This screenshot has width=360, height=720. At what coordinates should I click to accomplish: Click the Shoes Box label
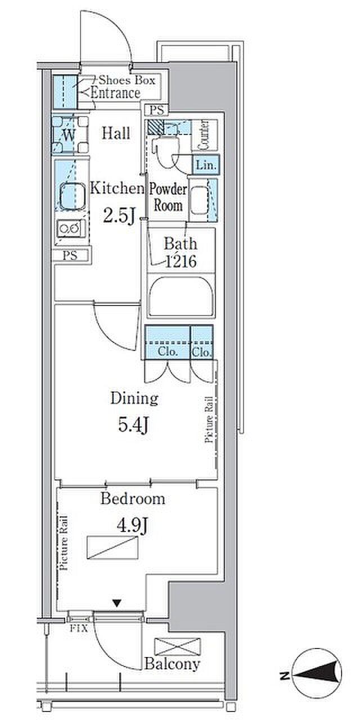[127, 80]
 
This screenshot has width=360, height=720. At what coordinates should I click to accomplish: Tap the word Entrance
[116, 93]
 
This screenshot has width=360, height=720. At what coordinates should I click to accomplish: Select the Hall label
[116, 133]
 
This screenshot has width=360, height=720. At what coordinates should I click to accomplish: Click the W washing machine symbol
[70, 134]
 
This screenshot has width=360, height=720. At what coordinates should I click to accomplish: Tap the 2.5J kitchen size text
[119, 215]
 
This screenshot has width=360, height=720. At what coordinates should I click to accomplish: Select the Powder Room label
[168, 197]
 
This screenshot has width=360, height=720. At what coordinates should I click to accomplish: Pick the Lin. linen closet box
[206, 165]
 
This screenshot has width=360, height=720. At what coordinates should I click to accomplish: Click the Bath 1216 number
[181, 262]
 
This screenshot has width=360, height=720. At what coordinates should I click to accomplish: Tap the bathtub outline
[181, 296]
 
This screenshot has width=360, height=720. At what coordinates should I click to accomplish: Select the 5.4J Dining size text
[133, 425]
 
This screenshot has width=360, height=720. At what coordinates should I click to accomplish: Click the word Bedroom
[133, 498]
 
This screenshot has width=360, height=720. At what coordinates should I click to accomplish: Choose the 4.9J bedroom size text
[132, 526]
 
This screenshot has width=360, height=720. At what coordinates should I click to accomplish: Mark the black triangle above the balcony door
[117, 604]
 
